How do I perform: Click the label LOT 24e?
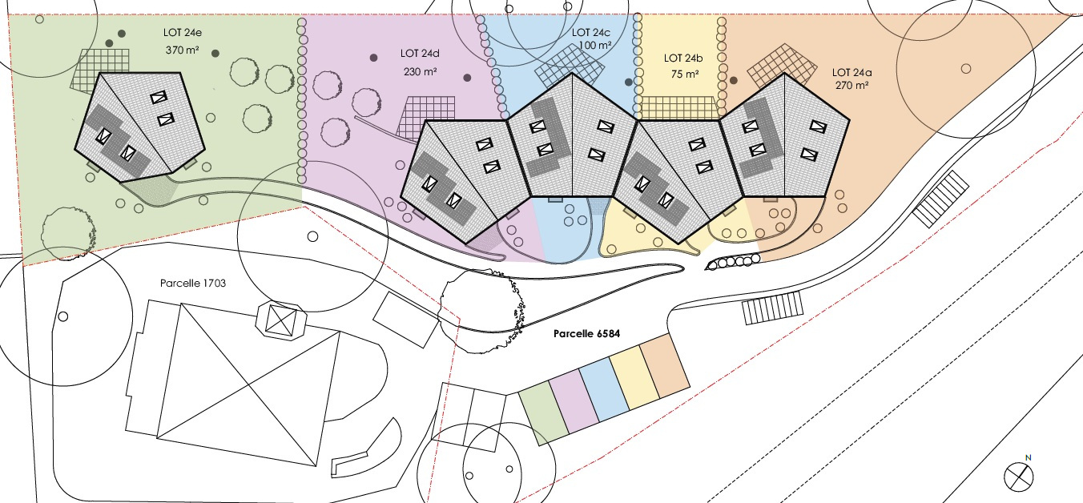tap(183, 33)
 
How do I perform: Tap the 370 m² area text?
tap(183, 50)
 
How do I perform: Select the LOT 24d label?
tap(420, 54)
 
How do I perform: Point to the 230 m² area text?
tap(421, 71)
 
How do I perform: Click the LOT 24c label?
tap(591, 33)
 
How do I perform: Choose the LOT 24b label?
tap(683, 58)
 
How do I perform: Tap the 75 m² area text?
tap(685, 74)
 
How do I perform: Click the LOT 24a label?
tap(852, 73)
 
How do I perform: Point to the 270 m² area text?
tap(852, 85)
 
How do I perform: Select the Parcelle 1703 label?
tap(193, 283)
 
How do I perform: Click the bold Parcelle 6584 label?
tap(586, 333)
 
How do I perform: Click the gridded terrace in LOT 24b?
tap(678, 108)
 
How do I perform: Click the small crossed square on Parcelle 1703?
tap(281, 320)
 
